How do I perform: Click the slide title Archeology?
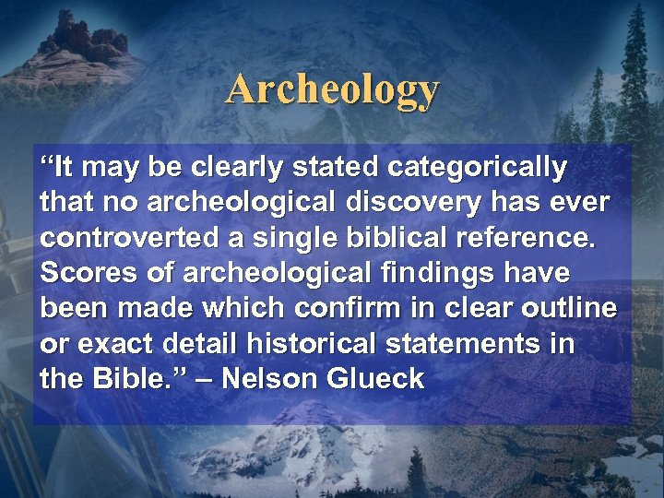pos(333,90)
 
